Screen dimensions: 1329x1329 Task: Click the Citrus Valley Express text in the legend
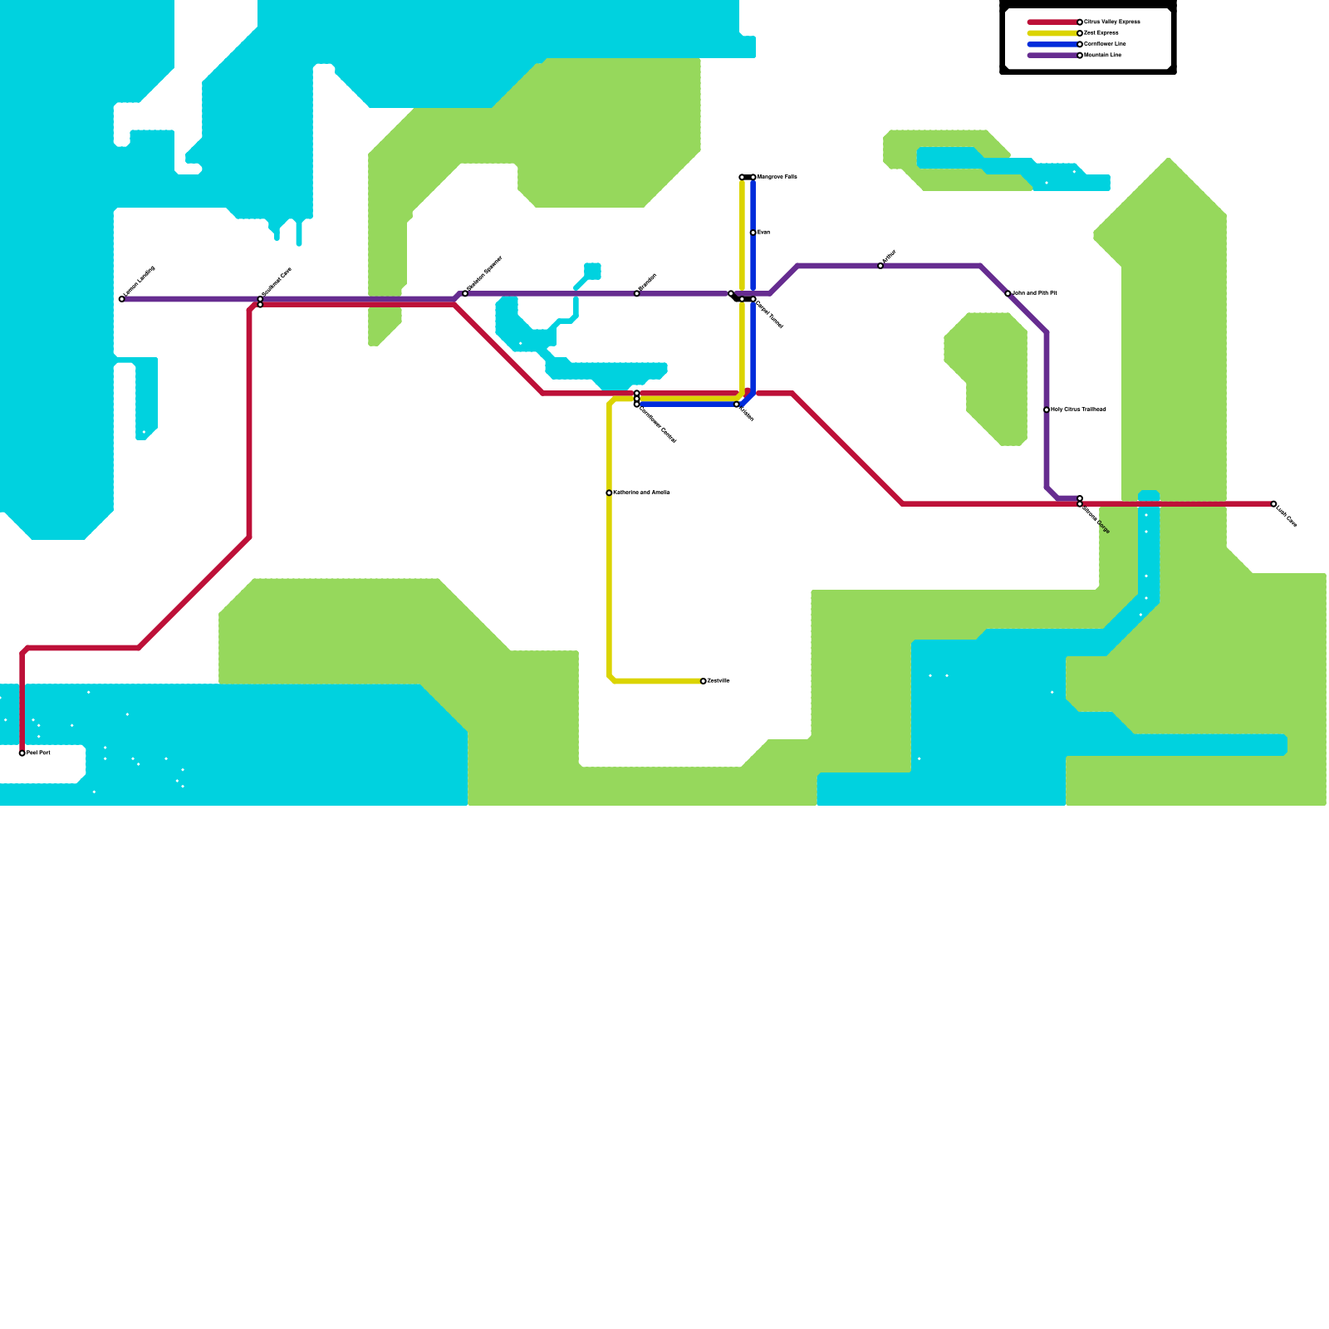(1111, 22)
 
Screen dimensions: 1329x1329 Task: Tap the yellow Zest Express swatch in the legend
(1053, 33)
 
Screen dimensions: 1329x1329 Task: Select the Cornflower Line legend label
(1105, 44)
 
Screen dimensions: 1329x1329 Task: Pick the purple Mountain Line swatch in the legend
(1053, 56)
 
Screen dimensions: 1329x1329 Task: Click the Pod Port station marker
(22, 753)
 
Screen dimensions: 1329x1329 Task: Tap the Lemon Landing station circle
(122, 299)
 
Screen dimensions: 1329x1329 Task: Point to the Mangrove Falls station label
(777, 177)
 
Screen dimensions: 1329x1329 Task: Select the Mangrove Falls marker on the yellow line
(742, 178)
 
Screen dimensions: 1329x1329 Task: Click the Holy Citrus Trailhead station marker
(1047, 410)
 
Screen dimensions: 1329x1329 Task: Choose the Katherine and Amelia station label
(640, 493)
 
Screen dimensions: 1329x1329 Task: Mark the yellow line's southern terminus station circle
(704, 681)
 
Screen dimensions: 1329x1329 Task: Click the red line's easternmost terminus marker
(1273, 504)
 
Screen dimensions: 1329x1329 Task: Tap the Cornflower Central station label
(658, 424)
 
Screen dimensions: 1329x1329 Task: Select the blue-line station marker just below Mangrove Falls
(753, 233)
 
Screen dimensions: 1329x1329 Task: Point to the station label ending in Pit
(1034, 293)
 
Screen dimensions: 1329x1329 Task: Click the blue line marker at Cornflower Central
(637, 405)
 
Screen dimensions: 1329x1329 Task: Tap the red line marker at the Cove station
(260, 305)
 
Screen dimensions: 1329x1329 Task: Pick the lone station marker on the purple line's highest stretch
(880, 266)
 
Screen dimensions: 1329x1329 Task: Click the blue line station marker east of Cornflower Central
(737, 405)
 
